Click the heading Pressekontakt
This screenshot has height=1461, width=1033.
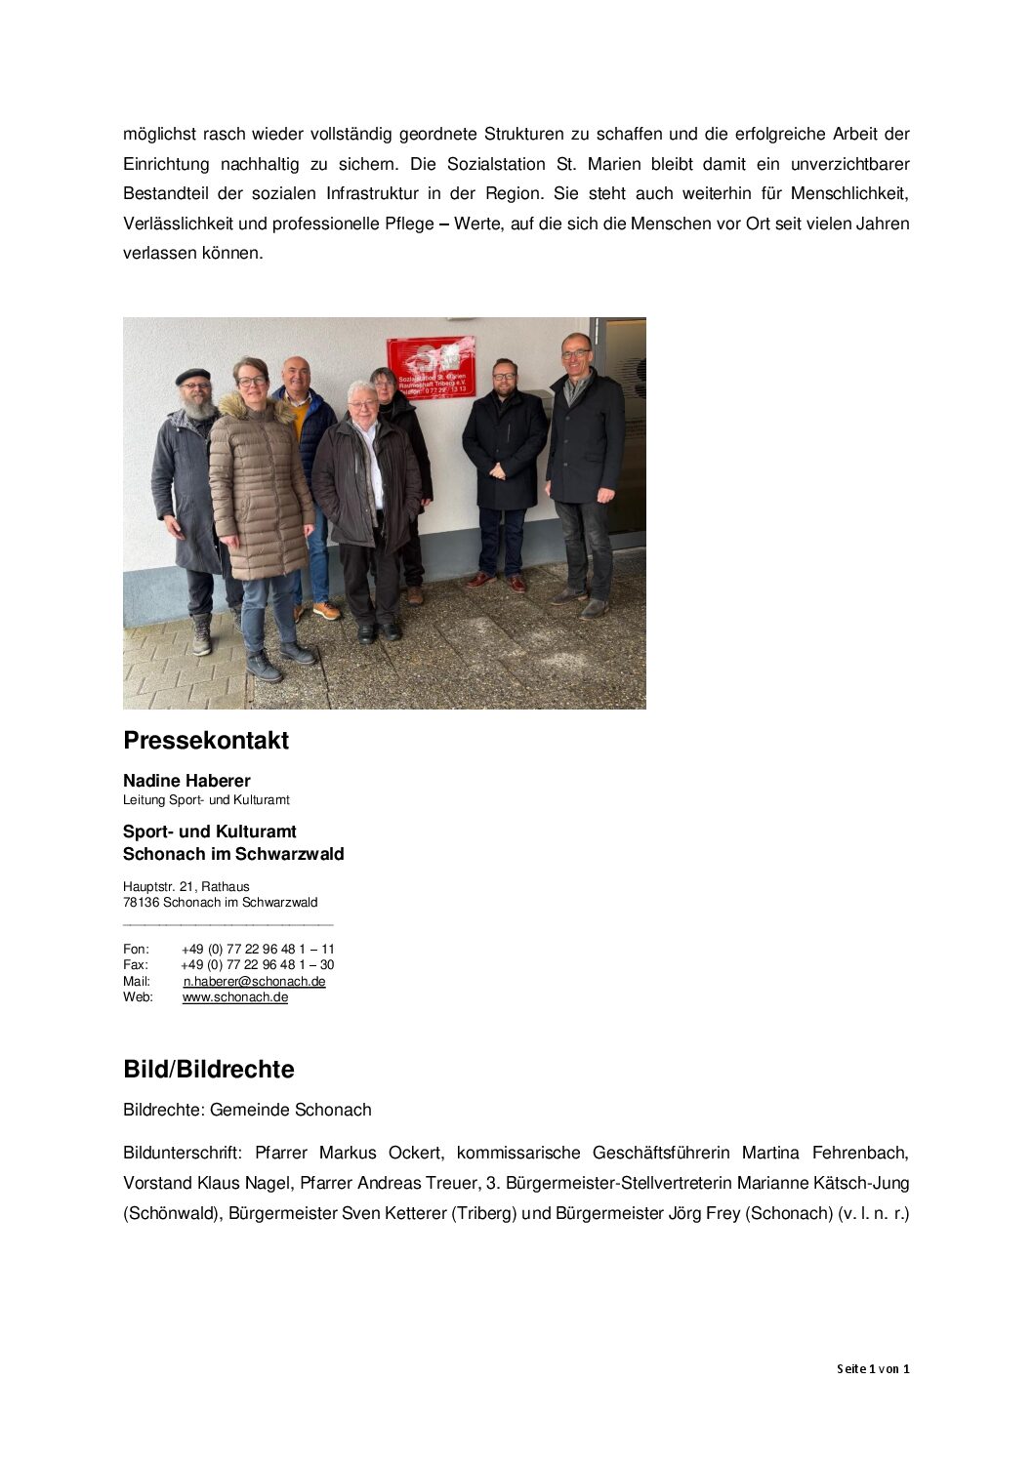(205, 741)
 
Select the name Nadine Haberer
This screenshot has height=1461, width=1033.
(186, 781)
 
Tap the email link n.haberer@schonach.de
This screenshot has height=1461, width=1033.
(254, 981)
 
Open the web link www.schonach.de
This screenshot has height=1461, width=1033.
(234, 996)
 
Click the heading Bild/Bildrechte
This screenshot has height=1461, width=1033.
(208, 1070)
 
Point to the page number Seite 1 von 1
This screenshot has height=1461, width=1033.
(872, 1369)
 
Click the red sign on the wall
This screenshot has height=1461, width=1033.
(431, 367)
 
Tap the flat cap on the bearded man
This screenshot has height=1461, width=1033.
(192, 376)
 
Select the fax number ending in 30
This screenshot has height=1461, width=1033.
(258, 964)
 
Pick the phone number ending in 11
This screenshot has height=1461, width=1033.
(258, 949)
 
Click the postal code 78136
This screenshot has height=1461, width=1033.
(141, 902)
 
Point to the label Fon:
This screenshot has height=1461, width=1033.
(136, 949)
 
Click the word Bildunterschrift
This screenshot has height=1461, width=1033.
(182, 1153)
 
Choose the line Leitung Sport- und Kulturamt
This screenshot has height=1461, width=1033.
(206, 799)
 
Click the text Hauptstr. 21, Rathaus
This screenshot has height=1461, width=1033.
(186, 886)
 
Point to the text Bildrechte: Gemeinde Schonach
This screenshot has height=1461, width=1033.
(247, 1110)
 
